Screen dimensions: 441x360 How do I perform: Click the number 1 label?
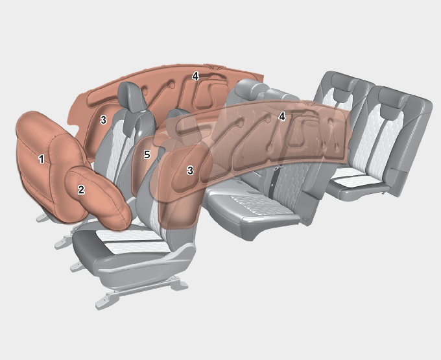coord(42,159)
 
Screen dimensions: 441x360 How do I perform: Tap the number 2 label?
coord(81,189)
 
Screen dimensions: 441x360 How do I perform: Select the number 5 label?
coord(147,154)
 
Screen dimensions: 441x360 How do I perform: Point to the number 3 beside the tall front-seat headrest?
coord(104,120)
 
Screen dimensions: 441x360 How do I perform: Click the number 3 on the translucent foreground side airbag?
coord(190,170)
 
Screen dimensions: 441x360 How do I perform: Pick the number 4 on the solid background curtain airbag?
coord(195,76)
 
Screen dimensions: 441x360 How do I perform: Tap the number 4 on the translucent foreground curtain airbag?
coord(282,117)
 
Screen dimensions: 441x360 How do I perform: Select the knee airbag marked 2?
coord(97,197)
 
